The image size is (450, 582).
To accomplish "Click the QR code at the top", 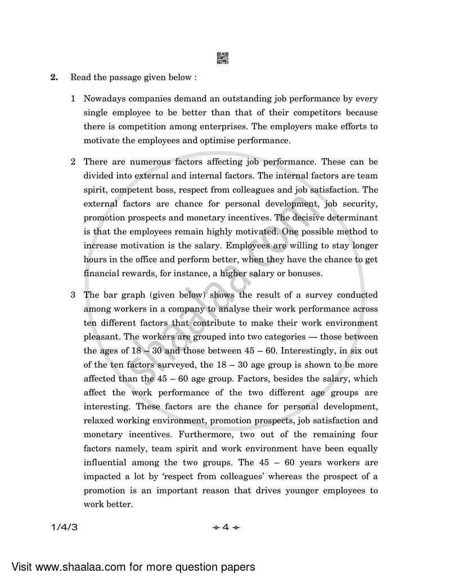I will (223, 57).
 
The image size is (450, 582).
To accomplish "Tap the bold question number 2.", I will (55, 77).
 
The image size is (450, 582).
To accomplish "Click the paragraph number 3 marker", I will (73, 295).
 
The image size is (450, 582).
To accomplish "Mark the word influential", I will (107, 462).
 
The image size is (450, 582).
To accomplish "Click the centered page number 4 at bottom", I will (225, 527).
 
